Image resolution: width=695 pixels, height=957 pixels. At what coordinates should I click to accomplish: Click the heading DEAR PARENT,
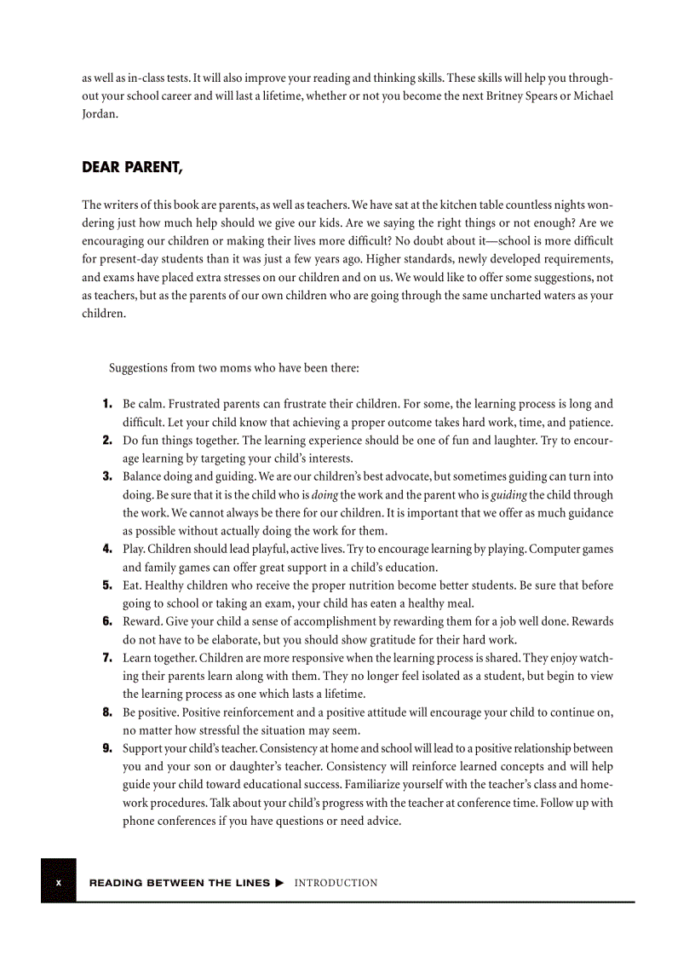[x=132, y=168]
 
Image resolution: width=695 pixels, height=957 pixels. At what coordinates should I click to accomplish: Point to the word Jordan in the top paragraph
[x=100, y=113]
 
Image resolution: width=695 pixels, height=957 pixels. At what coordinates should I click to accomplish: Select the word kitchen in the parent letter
[x=436, y=205]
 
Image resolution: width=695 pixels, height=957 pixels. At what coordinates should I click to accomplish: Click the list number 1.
[x=107, y=404]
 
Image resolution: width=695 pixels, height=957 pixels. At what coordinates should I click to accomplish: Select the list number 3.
[x=107, y=476]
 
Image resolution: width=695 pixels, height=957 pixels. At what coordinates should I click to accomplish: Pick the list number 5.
[x=107, y=585]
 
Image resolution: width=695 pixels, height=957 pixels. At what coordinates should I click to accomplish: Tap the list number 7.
[x=107, y=658]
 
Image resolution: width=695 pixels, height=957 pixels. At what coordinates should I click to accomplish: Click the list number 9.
[x=107, y=748]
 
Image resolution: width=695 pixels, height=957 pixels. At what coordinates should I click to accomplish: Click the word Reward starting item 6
[x=141, y=622]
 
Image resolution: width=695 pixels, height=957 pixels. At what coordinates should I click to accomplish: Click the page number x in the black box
[x=59, y=883]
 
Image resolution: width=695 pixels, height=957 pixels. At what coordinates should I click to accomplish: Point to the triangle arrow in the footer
[x=279, y=883]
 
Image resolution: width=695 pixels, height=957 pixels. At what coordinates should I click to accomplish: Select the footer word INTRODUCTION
[x=336, y=883]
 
